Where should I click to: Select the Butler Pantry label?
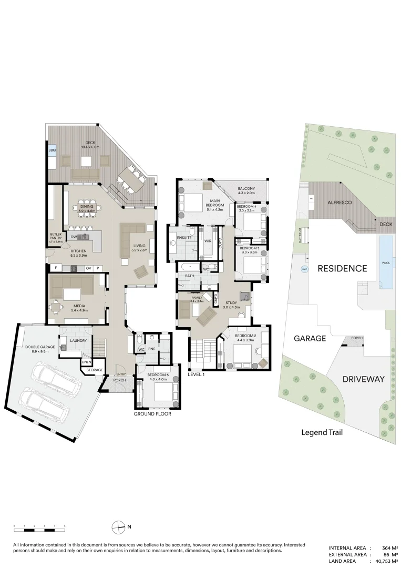56,236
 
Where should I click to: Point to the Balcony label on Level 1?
246,190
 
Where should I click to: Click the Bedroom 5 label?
158,376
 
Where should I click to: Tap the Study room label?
230,305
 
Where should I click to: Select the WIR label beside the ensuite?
208,241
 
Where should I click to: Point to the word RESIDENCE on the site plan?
342,268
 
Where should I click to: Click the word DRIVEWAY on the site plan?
364,379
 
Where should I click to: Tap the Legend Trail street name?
322,433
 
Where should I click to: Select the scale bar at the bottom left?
39,526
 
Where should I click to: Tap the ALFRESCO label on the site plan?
339,202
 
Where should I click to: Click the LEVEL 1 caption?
196,374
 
